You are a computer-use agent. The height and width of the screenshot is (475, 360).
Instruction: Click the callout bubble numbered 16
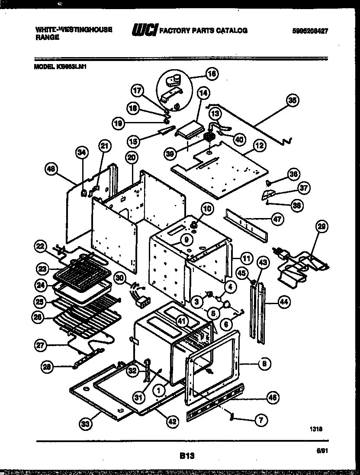click(x=212, y=74)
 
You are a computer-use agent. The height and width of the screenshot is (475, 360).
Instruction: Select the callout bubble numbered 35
click(x=293, y=100)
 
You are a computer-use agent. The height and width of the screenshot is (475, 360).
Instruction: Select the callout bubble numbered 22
click(x=41, y=247)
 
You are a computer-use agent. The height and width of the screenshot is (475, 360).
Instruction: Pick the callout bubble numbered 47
click(x=277, y=219)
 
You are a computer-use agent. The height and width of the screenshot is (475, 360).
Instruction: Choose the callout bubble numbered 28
click(x=48, y=367)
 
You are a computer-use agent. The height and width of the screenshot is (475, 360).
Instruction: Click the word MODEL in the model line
click(x=43, y=67)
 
